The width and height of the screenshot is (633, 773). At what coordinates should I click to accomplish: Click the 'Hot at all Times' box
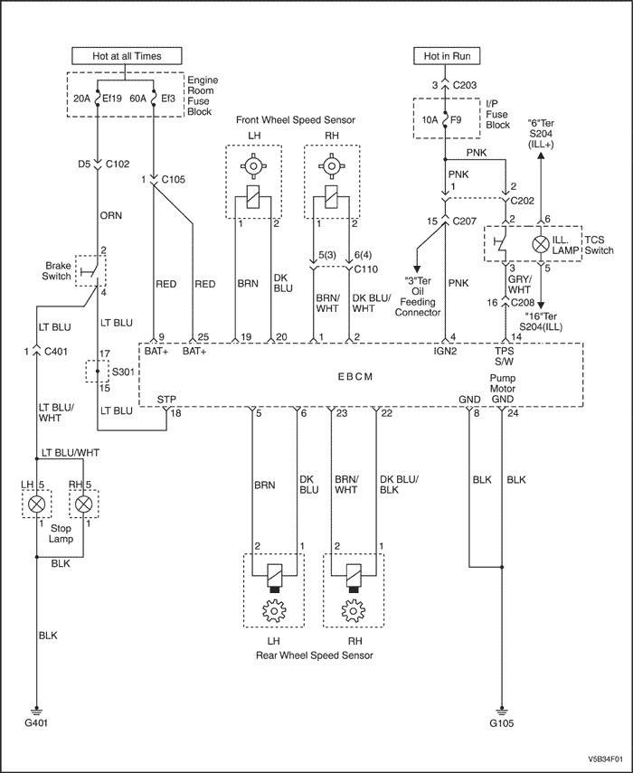click(128, 56)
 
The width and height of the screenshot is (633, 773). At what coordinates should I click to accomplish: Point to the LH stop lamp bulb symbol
click(37, 504)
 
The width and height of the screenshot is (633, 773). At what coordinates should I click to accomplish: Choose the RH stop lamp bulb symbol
click(84, 504)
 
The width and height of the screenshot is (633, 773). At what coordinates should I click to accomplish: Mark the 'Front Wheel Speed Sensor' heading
click(295, 119)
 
